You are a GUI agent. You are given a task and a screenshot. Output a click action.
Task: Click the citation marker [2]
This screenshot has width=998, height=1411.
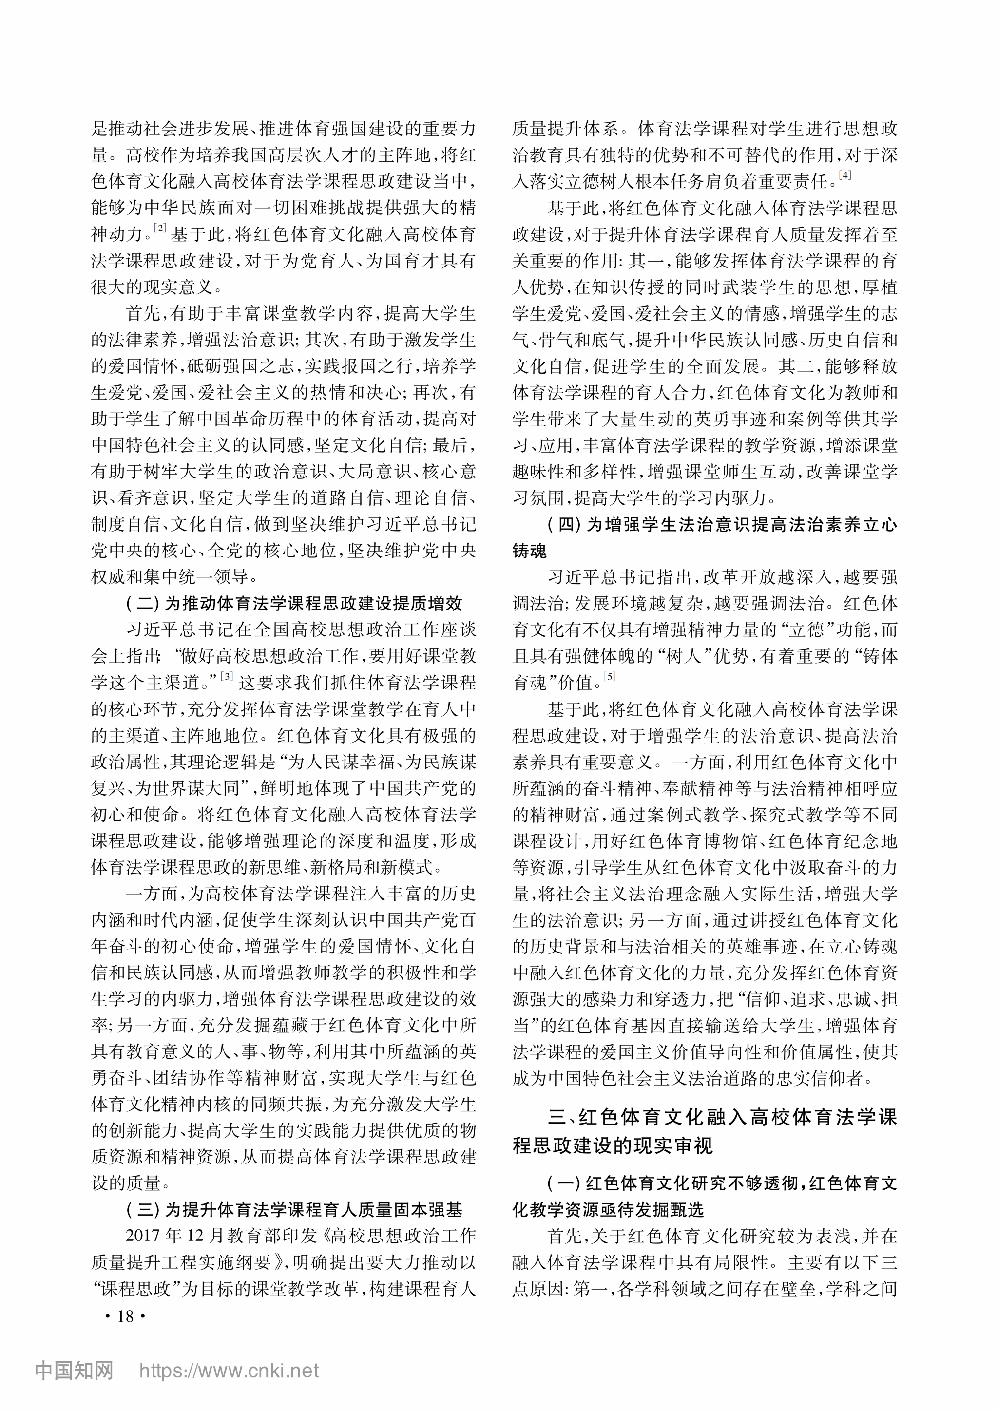[x=160, y=228]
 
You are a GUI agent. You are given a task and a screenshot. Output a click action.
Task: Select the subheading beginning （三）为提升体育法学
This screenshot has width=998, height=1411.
[x=294, y=1210]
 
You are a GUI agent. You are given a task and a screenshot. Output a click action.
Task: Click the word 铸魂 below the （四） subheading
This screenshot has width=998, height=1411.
[x=529, y=551]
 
